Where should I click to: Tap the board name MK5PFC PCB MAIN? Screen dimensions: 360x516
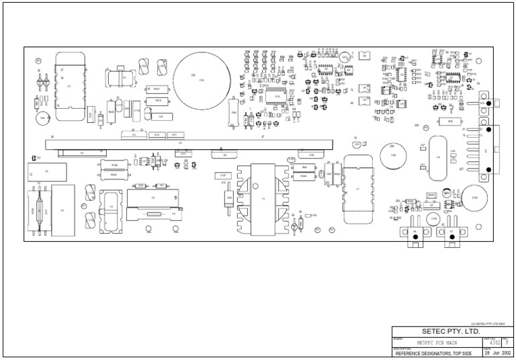(x=435, y=343)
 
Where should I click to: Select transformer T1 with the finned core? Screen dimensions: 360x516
(x=263, y=198)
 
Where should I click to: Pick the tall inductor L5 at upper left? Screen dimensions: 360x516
(x=69, y=86)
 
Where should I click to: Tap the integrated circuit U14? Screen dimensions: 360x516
(x=277, y=97)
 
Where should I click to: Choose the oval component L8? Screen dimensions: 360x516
(x=438, y=157)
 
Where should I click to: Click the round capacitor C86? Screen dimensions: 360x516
(x=392, y=154)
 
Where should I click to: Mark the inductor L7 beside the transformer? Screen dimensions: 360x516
(x=357, y=189)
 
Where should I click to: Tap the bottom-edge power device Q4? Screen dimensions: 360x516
(x=415, y=232)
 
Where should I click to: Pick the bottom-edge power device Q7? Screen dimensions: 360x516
(x=451, y=232)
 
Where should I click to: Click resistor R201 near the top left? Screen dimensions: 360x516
(x=156, y=89)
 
